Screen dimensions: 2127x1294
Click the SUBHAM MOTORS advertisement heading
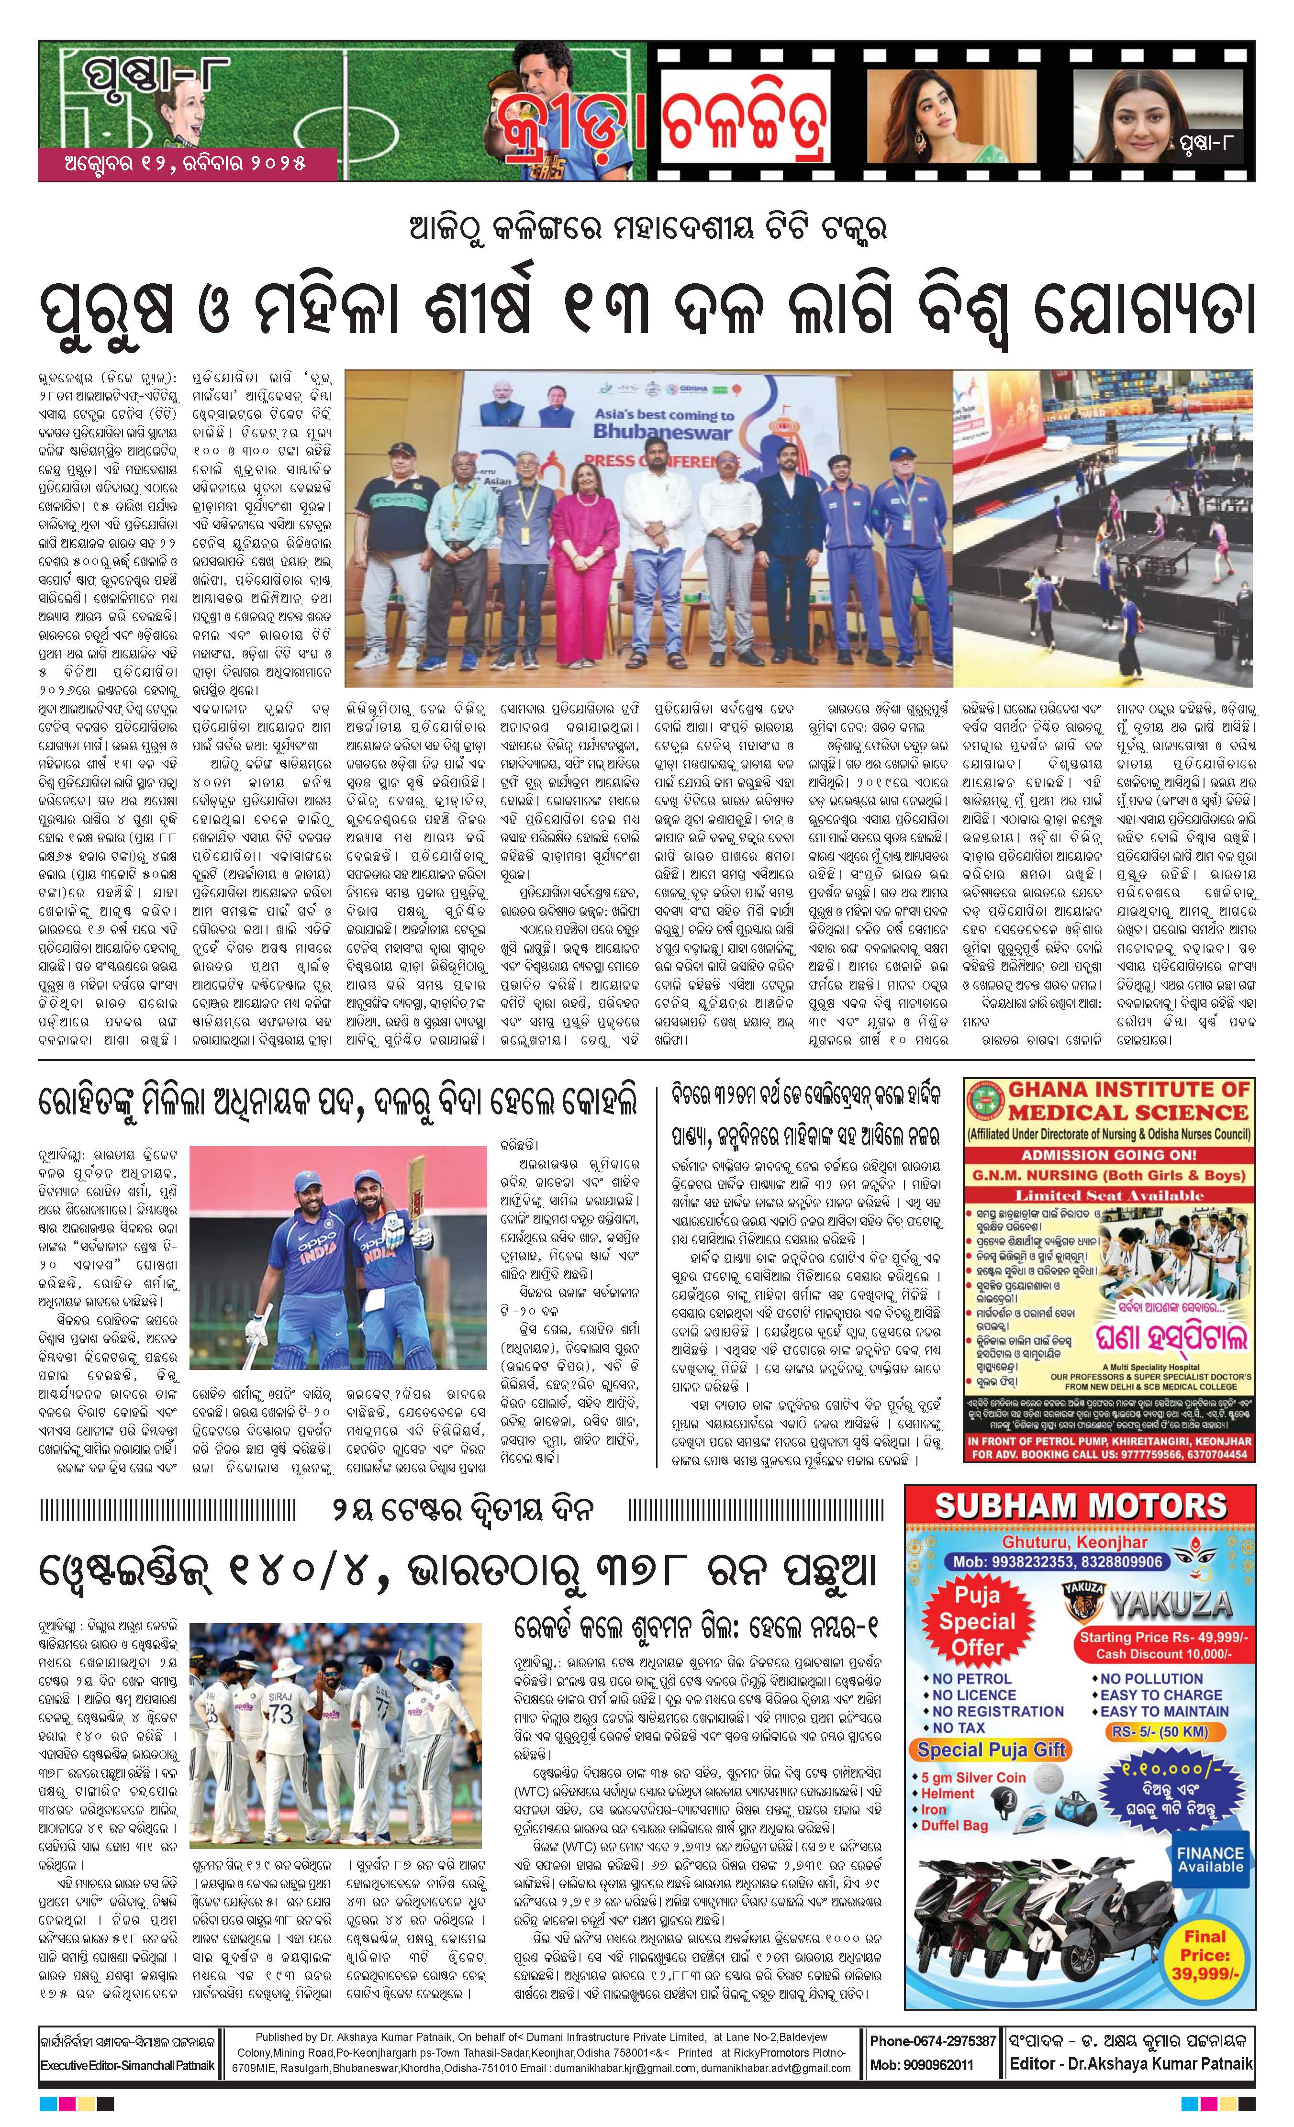click(x=1081, y=1506)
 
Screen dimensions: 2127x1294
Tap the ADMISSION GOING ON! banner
click(x=1109, y=1154)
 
